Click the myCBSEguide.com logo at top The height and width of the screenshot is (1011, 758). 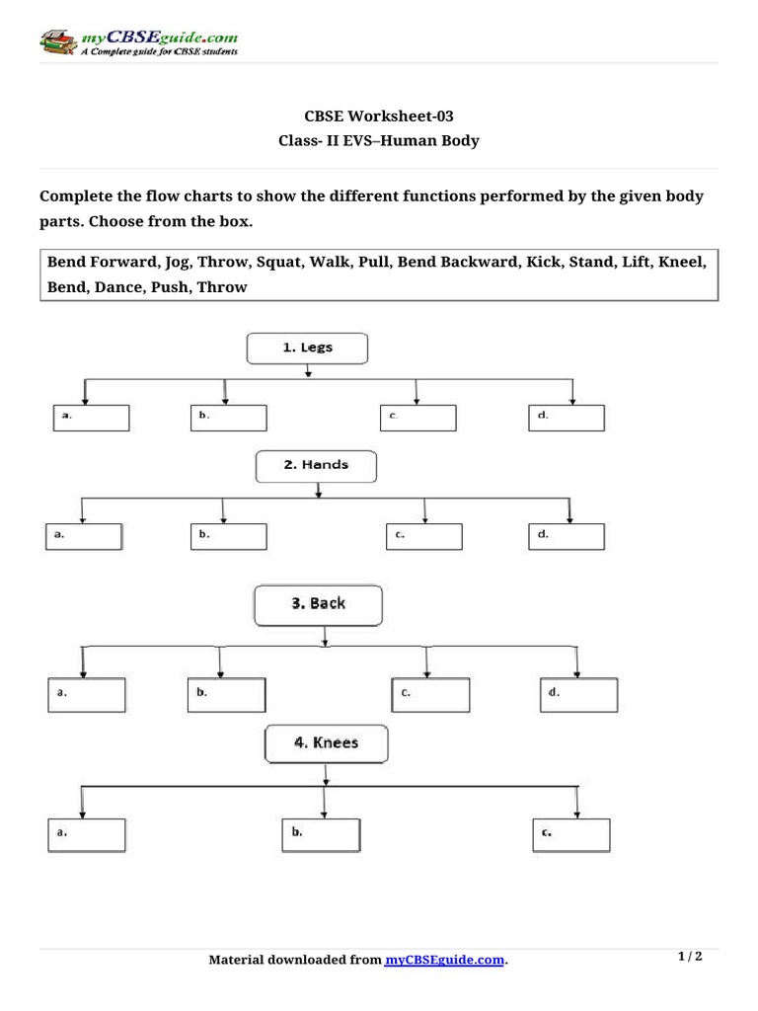click(138, 42)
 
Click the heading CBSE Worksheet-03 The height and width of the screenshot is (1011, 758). click(379, 116)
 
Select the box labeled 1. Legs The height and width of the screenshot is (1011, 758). click(307, 348)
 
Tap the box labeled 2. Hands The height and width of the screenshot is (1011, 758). click(316, 465)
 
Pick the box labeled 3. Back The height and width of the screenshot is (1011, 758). click(318, 604)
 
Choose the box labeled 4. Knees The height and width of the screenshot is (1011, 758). click(327, 743)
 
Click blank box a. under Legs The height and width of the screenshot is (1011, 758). click(91, 418)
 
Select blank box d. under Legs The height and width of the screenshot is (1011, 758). click(567, 418)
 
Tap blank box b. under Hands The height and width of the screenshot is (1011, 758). click(228, 536)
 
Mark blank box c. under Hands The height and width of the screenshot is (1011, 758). click(424, 536)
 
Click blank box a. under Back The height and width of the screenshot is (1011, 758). click(87, 695)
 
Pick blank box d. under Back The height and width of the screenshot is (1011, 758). click(579, 695)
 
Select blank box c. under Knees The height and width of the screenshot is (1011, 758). click(574, 834)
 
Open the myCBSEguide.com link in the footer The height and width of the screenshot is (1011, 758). click(444, 960)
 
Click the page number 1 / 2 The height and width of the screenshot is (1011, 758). click(690, 957)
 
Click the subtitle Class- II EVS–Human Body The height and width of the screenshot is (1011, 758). click(379, 140)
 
